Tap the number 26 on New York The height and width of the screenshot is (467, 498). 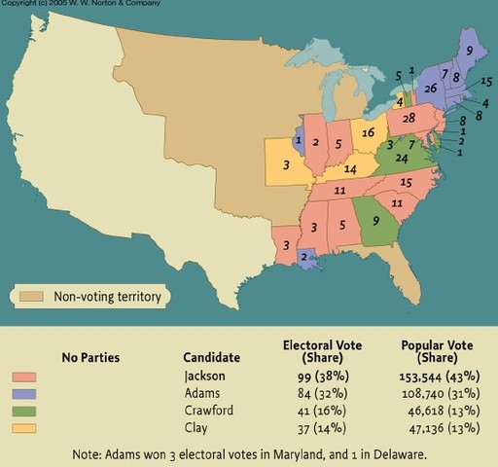point(432,90)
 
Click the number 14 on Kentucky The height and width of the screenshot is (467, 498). point(347,169)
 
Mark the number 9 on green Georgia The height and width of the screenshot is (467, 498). point(375,221)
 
